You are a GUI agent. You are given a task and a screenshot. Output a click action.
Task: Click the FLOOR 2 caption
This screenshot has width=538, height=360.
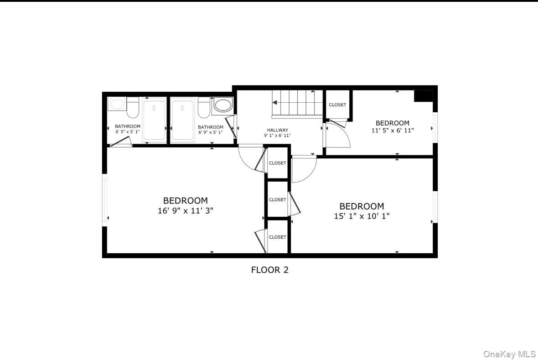tap(269, 270)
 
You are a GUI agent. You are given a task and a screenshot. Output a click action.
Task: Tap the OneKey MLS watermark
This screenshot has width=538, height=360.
tap(509, 354)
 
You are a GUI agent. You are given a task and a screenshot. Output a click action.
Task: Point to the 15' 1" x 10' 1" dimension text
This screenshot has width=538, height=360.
tap(362, 216)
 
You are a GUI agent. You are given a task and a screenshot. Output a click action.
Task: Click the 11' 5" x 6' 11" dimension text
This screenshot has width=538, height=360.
tap(392, 130)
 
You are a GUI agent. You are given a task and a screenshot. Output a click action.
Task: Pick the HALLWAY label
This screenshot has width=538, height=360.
tap(277, 130)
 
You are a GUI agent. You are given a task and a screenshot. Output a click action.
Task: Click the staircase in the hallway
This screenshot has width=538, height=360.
tap(292, 103)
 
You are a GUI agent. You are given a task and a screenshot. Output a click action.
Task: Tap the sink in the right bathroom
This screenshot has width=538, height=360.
tap(222, 105)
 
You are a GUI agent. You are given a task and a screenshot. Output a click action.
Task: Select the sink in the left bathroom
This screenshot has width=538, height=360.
tap(117, 104)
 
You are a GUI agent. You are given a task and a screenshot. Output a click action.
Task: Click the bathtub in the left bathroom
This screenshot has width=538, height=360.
tap(155, 121)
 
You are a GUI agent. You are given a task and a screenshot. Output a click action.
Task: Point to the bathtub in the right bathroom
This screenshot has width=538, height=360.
tap(183, 121)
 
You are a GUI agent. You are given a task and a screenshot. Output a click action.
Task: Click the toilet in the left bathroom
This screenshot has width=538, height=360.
tap(133, 107)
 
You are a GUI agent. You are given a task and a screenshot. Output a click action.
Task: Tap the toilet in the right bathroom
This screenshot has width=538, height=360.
tap(204, 107)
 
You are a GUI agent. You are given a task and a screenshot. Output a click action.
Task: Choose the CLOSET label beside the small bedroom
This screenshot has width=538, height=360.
tap(337, 104)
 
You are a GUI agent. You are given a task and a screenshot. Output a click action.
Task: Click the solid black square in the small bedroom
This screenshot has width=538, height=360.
tap(423, 96)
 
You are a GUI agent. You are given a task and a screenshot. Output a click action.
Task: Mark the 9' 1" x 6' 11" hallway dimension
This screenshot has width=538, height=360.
tap(277, 136)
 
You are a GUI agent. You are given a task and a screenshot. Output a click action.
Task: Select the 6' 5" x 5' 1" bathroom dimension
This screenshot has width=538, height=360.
tap(128, 132)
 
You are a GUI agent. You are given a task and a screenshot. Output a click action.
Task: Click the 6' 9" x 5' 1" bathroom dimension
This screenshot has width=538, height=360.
tap(211, 132)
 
